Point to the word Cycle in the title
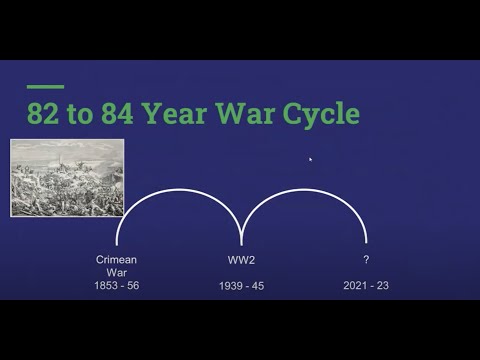pos(319,113)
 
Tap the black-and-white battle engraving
pos(67,178)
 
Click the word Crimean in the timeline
pos(116,259)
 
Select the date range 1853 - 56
pos(116,286)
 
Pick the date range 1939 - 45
pos(242,287)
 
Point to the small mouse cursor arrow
pos(310,158)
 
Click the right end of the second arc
pos(367,243)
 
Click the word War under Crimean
pos(116,272)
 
